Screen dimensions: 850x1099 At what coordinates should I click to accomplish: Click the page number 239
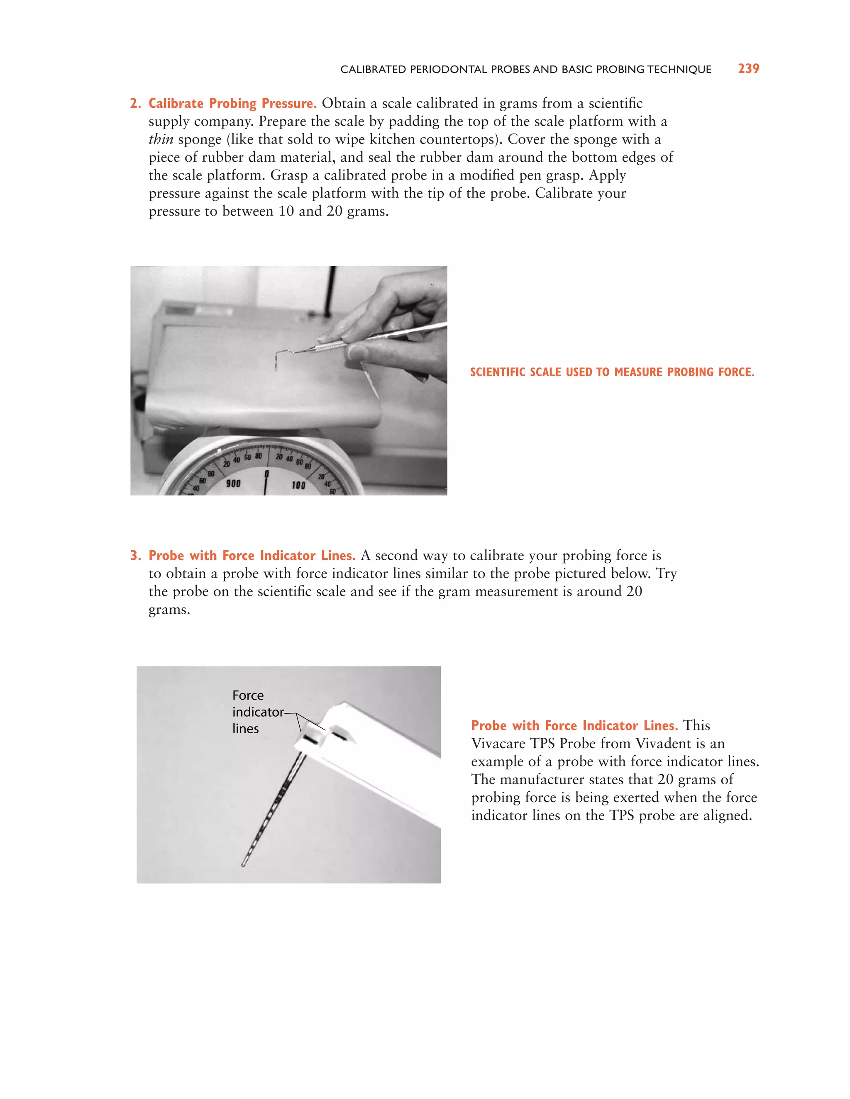pyautogui.click(x=748, y=68)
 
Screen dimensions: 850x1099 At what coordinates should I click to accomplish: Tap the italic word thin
pyautogui.click(x=161, y=139)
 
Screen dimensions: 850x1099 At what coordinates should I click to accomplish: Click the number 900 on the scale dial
pyautogui.click(x=233, y=484)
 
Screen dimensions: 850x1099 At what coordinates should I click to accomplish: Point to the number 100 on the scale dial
pyautogui.click(x=298, y=485)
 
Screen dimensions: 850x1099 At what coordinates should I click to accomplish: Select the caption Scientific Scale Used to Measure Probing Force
pyautogui.click(x=612, y=372)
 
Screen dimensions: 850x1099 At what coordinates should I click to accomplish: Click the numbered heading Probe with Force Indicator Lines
pyautogui.click(x=252, y=556)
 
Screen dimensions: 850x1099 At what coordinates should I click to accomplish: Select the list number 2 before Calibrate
pyautogui.click(x=134, y=103)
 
